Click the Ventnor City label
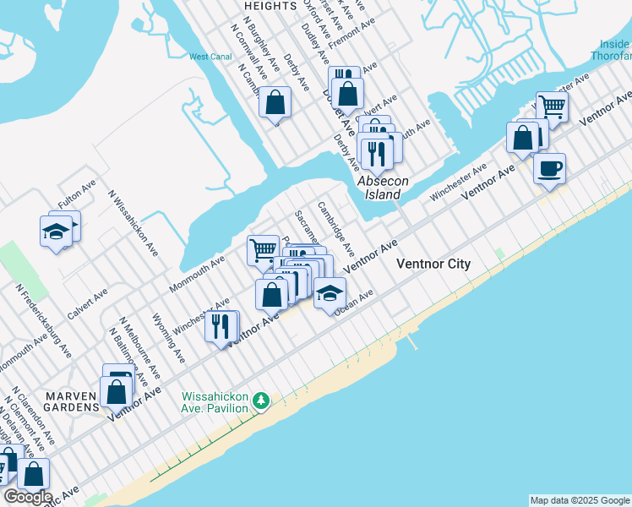pyautogui.click(x=433, y=264)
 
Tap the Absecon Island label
pyautogui.click(x=378, y=188)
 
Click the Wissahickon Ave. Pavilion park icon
pyautogui.click(x=262, y=399)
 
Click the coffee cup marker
pyautogui.click(x=549, y=168)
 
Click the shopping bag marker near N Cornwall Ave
pyautogui.click(x=275, y=103)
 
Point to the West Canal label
pyautogui.click(x=210, y=57)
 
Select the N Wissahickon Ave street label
pyautogui.click(x=133, y=222)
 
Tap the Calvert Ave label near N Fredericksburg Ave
pyautogui.click(x=88, y=303)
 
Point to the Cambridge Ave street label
pyautogui.click(x=336, y=228)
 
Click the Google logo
pyautogui.click(x=27, y=497)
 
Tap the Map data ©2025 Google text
pyautogui.click(x=579, y=500)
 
